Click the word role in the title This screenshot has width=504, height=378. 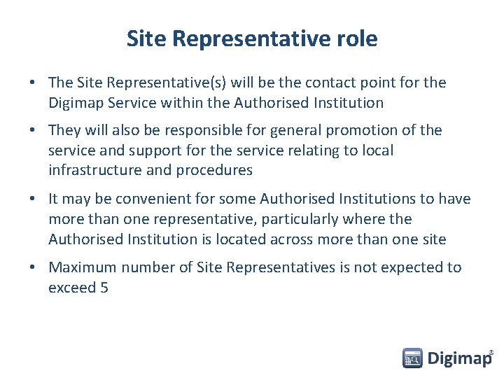[x=358, y=38]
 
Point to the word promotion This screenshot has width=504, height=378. [x=367, y=130]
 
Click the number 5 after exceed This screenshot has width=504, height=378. [x=104, y=287]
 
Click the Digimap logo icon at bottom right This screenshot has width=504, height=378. [x=413, y=358]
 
